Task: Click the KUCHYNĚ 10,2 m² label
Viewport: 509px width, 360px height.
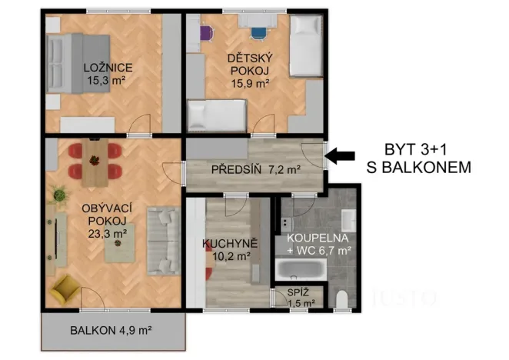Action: pos(229,250)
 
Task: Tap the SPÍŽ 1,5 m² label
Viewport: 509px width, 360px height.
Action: pos(298,298)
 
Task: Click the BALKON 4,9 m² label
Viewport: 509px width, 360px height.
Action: pos(111,331)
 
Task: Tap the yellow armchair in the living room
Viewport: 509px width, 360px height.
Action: pos(66,290)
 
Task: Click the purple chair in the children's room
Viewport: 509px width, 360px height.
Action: pos(206,34)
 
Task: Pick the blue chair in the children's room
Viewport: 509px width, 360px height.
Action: pos(256,32)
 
